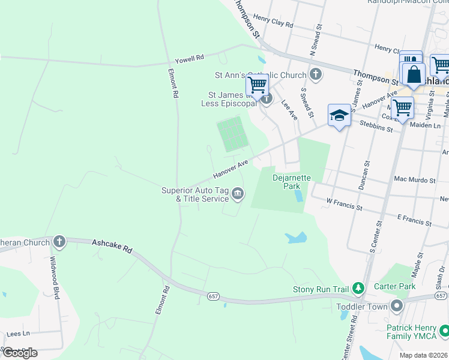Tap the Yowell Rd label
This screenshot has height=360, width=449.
[x=190, y=58]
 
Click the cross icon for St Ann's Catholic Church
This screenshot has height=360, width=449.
[x=316, y=75]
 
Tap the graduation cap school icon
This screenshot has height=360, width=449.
[x=339, y=115]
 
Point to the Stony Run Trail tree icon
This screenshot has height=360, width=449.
[x=358, y=289]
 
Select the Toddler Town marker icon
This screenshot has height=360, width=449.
[x=396, y=306]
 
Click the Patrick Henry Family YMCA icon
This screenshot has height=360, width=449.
[x=444, y=331]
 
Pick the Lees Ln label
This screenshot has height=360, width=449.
[x=18, y=334]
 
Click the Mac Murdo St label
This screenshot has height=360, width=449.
[x=414, y=179]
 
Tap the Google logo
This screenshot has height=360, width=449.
[x=20, y=352]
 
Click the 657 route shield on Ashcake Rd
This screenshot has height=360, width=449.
[x=214, y=296]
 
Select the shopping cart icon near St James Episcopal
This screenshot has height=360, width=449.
[x=257, y=85]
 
